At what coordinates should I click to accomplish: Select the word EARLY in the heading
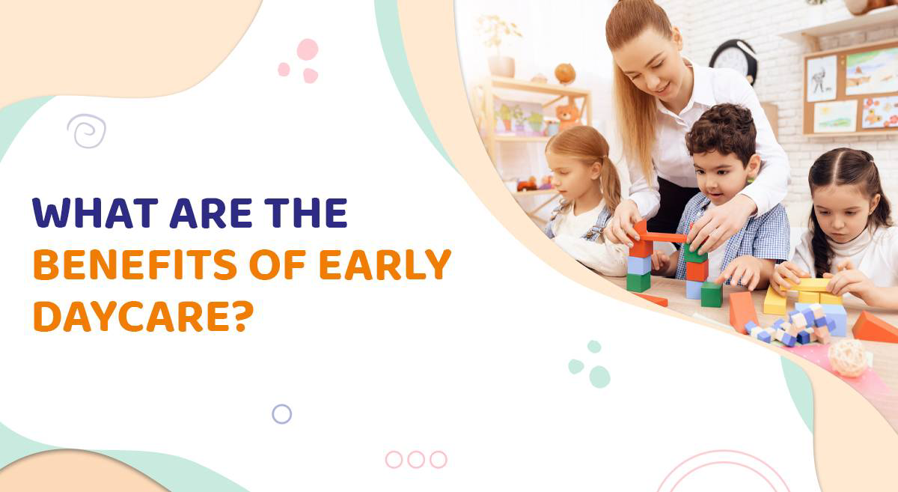[385, 264]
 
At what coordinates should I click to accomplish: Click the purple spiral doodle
[87, 131]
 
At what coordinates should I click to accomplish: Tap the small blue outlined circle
[282, 414]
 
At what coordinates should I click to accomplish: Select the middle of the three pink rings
[416, 459]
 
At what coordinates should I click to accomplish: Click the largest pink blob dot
[308, 49]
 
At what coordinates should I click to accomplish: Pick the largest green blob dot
[599, 377]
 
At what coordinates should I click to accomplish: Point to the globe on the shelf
[565, 74]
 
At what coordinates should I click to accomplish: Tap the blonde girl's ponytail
[610, 183]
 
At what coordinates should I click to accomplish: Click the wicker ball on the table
[848, 359]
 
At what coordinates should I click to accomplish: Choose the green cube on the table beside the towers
[712, 294]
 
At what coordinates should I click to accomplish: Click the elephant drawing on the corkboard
[821, 78]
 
